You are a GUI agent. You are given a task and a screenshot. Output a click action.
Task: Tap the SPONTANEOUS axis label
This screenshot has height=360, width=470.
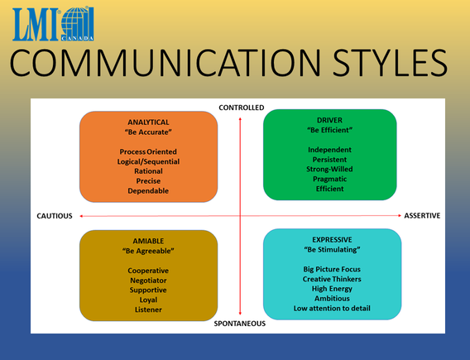(240, 324)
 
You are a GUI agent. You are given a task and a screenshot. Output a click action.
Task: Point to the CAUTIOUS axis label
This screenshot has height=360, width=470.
(55, 216)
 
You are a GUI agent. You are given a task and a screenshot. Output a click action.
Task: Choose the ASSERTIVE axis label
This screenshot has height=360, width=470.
(422, 216)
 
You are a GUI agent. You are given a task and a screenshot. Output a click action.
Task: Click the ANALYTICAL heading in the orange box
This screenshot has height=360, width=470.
(149, 122)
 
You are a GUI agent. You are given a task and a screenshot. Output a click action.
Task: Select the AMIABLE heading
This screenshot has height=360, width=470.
(149, 240)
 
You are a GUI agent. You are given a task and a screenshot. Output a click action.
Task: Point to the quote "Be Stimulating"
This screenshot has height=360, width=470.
(332, 249)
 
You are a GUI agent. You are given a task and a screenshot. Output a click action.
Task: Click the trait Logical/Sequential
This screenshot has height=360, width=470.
(149, 161)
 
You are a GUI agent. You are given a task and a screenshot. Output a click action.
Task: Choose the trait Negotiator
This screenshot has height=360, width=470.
(149, 281)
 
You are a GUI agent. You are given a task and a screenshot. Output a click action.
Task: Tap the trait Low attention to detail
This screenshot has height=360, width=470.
(332, 308)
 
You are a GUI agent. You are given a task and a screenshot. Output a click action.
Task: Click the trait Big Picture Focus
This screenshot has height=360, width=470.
(332, 269)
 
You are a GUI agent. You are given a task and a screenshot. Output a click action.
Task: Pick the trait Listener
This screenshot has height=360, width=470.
(149, 310)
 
